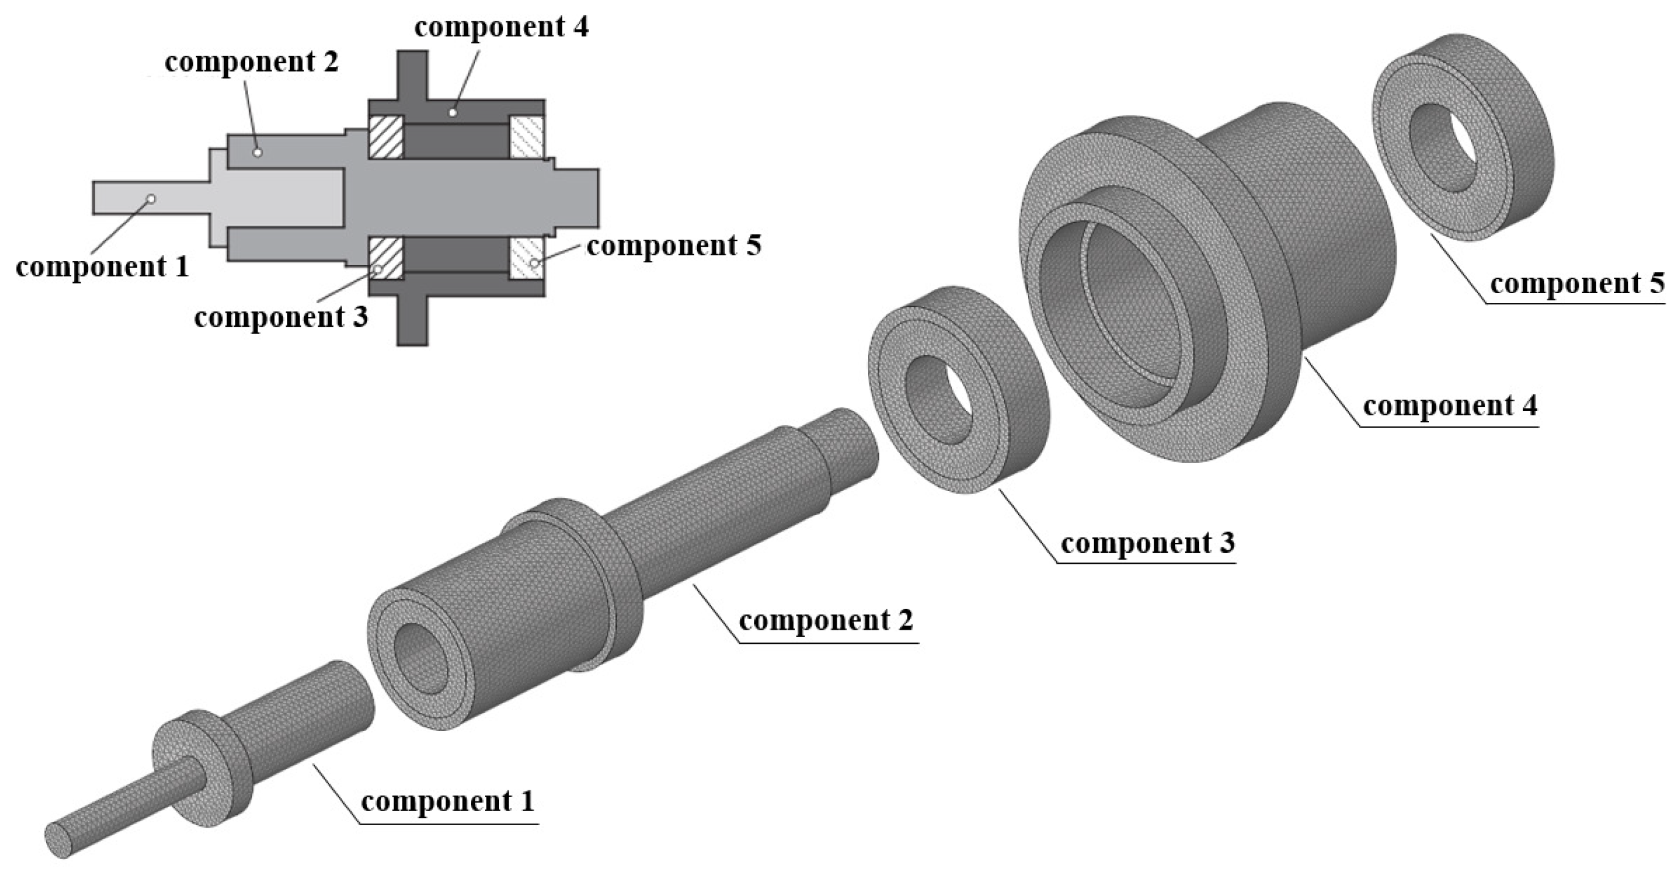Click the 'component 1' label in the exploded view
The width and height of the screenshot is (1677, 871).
click(447, 801)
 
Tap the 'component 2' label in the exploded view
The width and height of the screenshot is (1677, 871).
click(826, 621)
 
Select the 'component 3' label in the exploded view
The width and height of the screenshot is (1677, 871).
click(1147, 543)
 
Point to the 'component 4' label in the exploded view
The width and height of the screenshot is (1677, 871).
click(1450, 406)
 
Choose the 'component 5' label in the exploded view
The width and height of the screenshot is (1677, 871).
click(1577, 284)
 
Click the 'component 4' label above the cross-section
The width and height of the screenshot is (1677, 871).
click(501, 27)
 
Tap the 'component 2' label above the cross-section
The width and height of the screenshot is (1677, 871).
click(251, 62)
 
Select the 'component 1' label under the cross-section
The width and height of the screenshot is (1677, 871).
click(102, 267)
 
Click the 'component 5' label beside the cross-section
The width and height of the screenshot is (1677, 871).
click(673, 246)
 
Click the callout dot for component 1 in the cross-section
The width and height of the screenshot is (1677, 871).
click(150, 198)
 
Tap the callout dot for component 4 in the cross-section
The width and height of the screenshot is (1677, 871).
click(453, 112)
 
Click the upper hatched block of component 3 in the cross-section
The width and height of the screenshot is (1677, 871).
click(386, 137)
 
